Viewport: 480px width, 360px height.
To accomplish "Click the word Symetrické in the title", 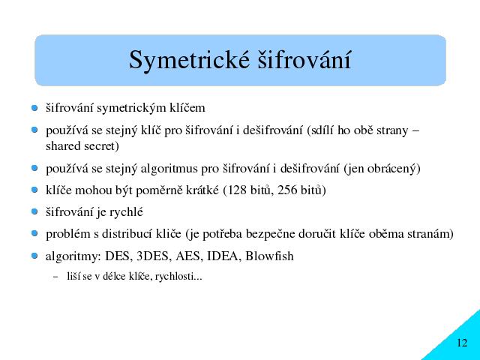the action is coord(189,61).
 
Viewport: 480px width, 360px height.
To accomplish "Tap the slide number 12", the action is coord(462,343).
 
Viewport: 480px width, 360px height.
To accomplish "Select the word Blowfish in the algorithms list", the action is coord(269,256).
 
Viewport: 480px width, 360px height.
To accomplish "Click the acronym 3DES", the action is coord(152,256).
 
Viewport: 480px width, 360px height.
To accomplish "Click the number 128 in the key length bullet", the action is coord(237,190).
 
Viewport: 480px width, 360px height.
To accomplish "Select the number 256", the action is coord(287,190).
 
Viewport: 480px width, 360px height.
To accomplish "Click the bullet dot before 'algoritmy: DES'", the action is coord(34,256).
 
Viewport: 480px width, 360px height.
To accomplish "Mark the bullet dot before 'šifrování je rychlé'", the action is coord(34,211).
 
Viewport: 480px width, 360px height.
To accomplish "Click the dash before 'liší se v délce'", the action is coord(55,277).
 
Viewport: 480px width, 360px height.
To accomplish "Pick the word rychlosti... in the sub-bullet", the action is coord(178,277).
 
